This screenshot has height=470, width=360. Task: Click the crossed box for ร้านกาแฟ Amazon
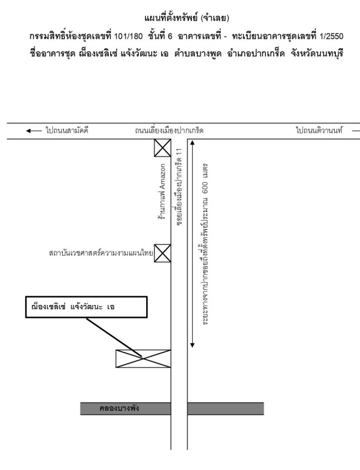click(x=163, y=149)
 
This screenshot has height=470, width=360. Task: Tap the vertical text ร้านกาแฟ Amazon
click(x=163, y=192)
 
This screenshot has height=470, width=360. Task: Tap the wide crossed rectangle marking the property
click(x=143, y=358)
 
